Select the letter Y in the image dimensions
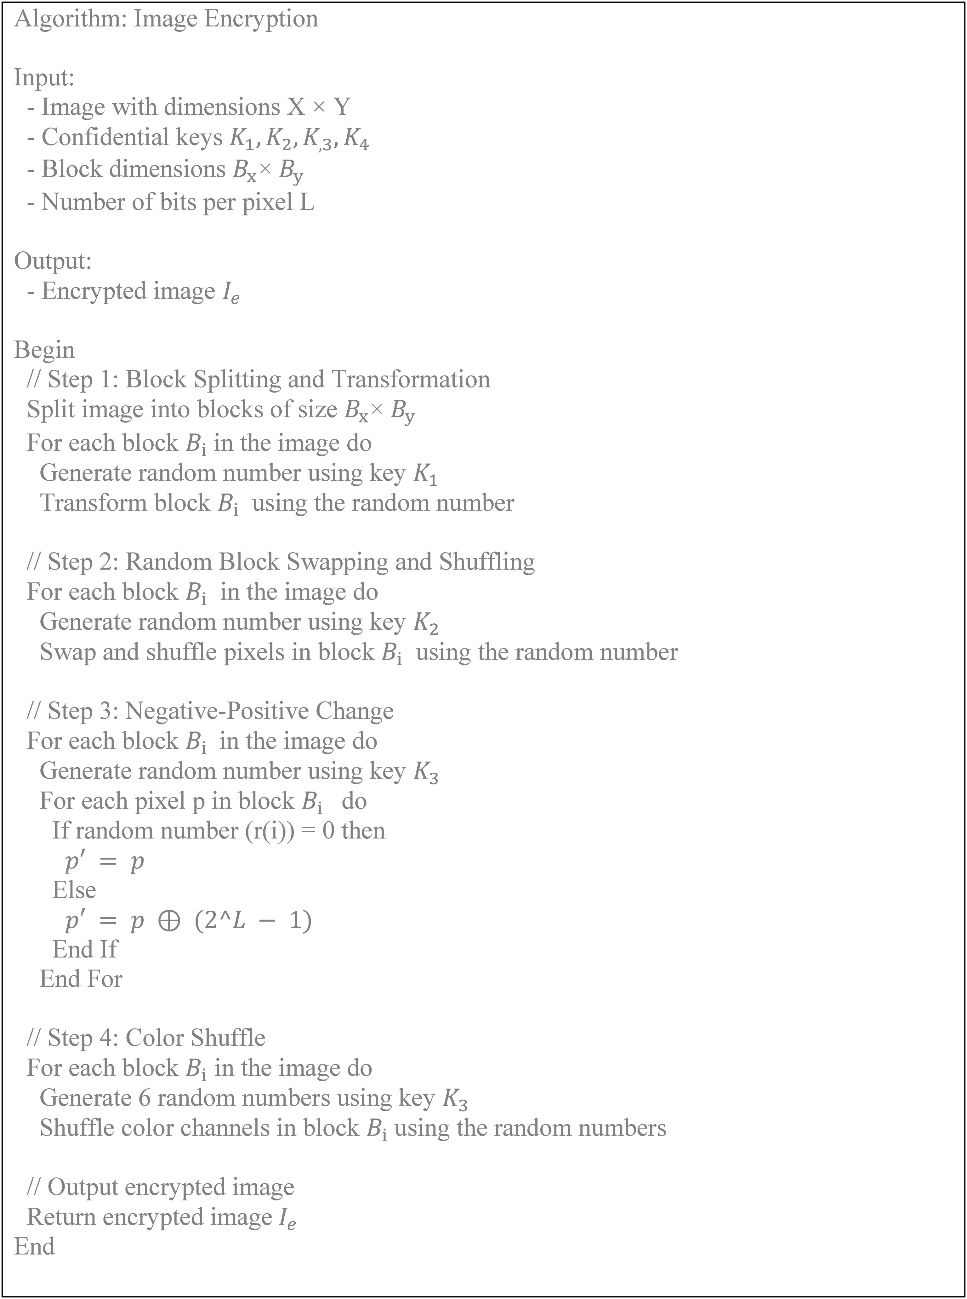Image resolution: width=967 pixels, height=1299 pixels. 342,107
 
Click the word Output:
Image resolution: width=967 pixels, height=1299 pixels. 53,260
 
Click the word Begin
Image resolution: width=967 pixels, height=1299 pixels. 44,350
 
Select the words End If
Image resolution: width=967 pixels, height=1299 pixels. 85,949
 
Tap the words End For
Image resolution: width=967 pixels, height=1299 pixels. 81,979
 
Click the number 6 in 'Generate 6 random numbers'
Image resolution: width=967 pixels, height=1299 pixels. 145,1098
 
